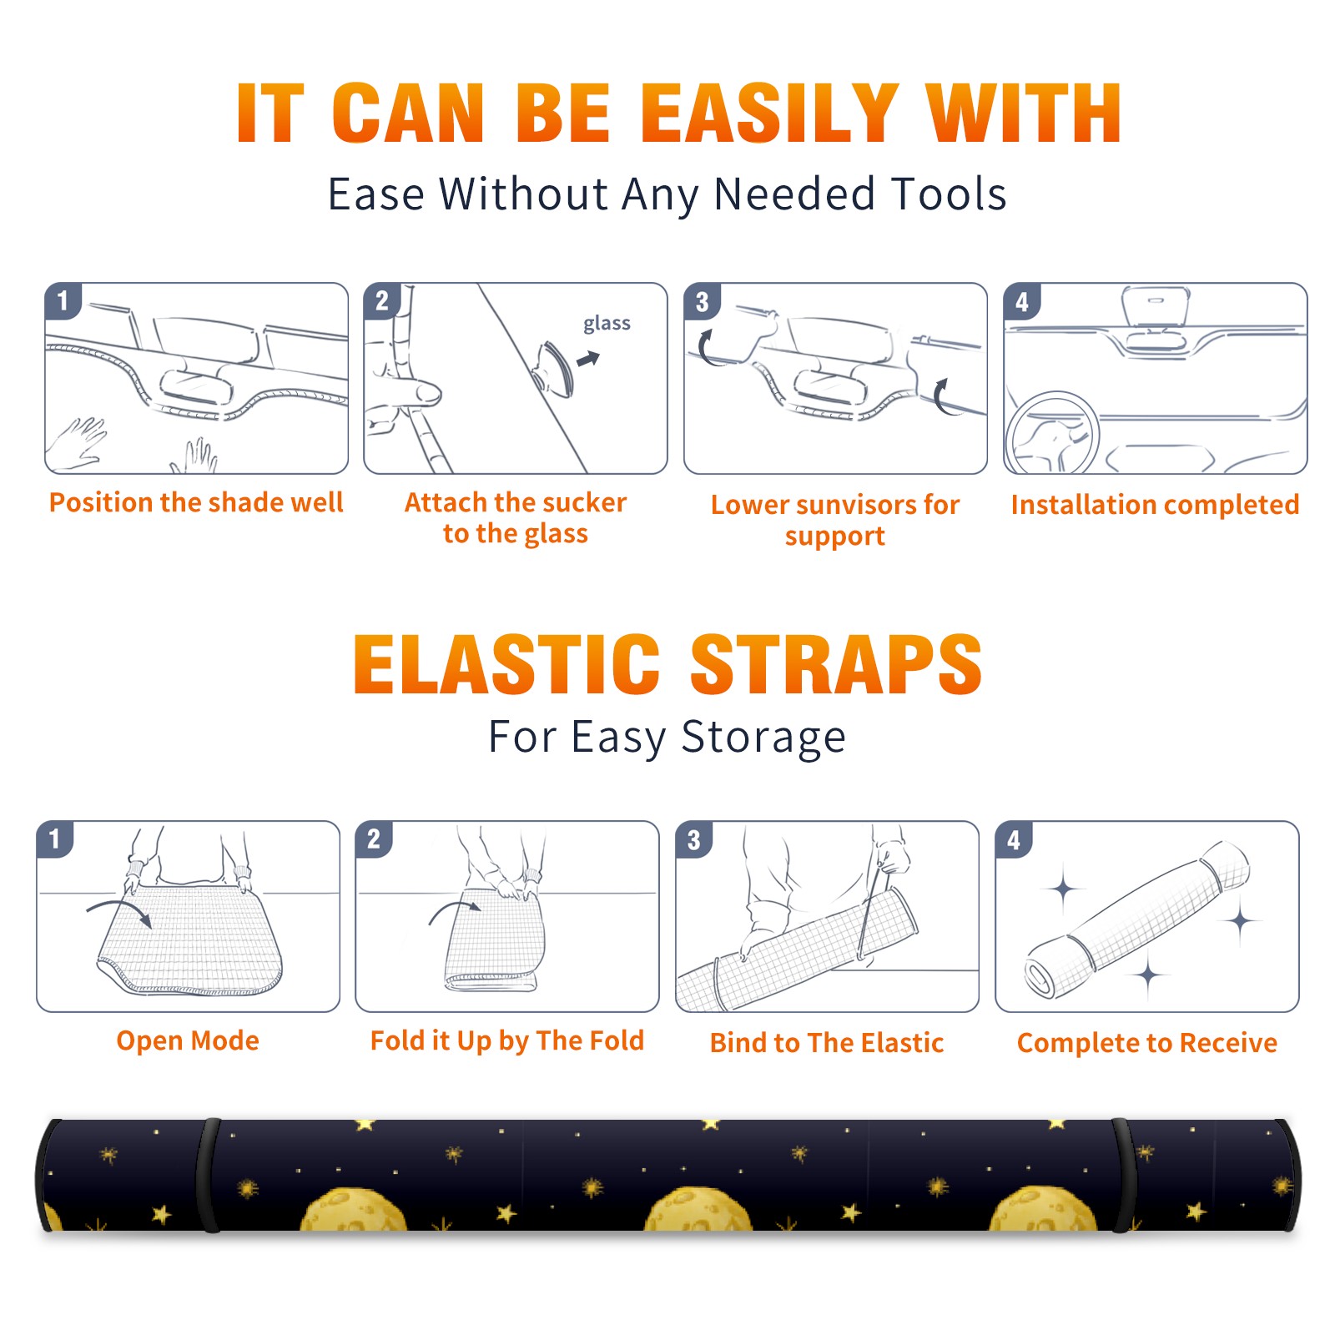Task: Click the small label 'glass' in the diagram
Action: (607, 323)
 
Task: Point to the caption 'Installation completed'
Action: (1155, 504)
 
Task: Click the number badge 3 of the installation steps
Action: (702, 301)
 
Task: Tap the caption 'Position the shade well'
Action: (196, 502)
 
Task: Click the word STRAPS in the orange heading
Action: (836, 664)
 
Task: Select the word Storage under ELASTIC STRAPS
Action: (763, 738)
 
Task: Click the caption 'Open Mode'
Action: (188, 1040)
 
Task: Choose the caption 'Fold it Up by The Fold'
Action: (507, 1040)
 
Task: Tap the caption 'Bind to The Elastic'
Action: (827, 1043)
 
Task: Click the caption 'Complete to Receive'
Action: (1147, 1043)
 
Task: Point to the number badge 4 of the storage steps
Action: (1014, 839)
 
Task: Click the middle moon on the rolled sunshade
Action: (698, 1210)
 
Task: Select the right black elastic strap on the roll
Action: (1125, 1175)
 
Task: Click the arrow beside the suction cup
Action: (588, 359)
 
